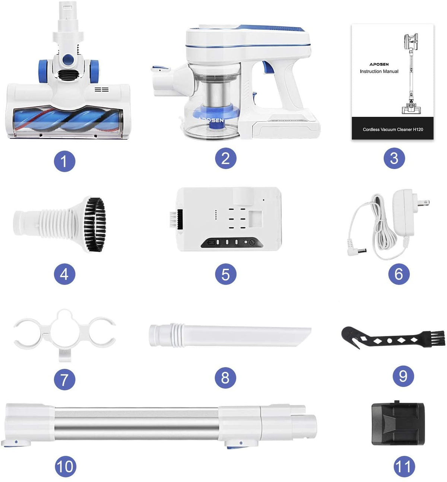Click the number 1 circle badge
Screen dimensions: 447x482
click(64, 161)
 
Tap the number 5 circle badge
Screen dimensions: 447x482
click(226, 274)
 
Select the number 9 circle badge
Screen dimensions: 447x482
click(403, 376)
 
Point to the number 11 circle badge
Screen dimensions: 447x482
click(404, 466)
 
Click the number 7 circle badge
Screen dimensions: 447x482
click(64, 380)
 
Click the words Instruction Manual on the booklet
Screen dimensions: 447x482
click(379, 71)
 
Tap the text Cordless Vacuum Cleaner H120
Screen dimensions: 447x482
click(393, 130)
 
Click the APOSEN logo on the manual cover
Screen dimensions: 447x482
click(379, 64)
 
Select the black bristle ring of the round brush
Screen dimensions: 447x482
click(95, 224)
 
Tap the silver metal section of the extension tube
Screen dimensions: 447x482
click(136, 423)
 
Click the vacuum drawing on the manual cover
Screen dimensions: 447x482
click(411, 74)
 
